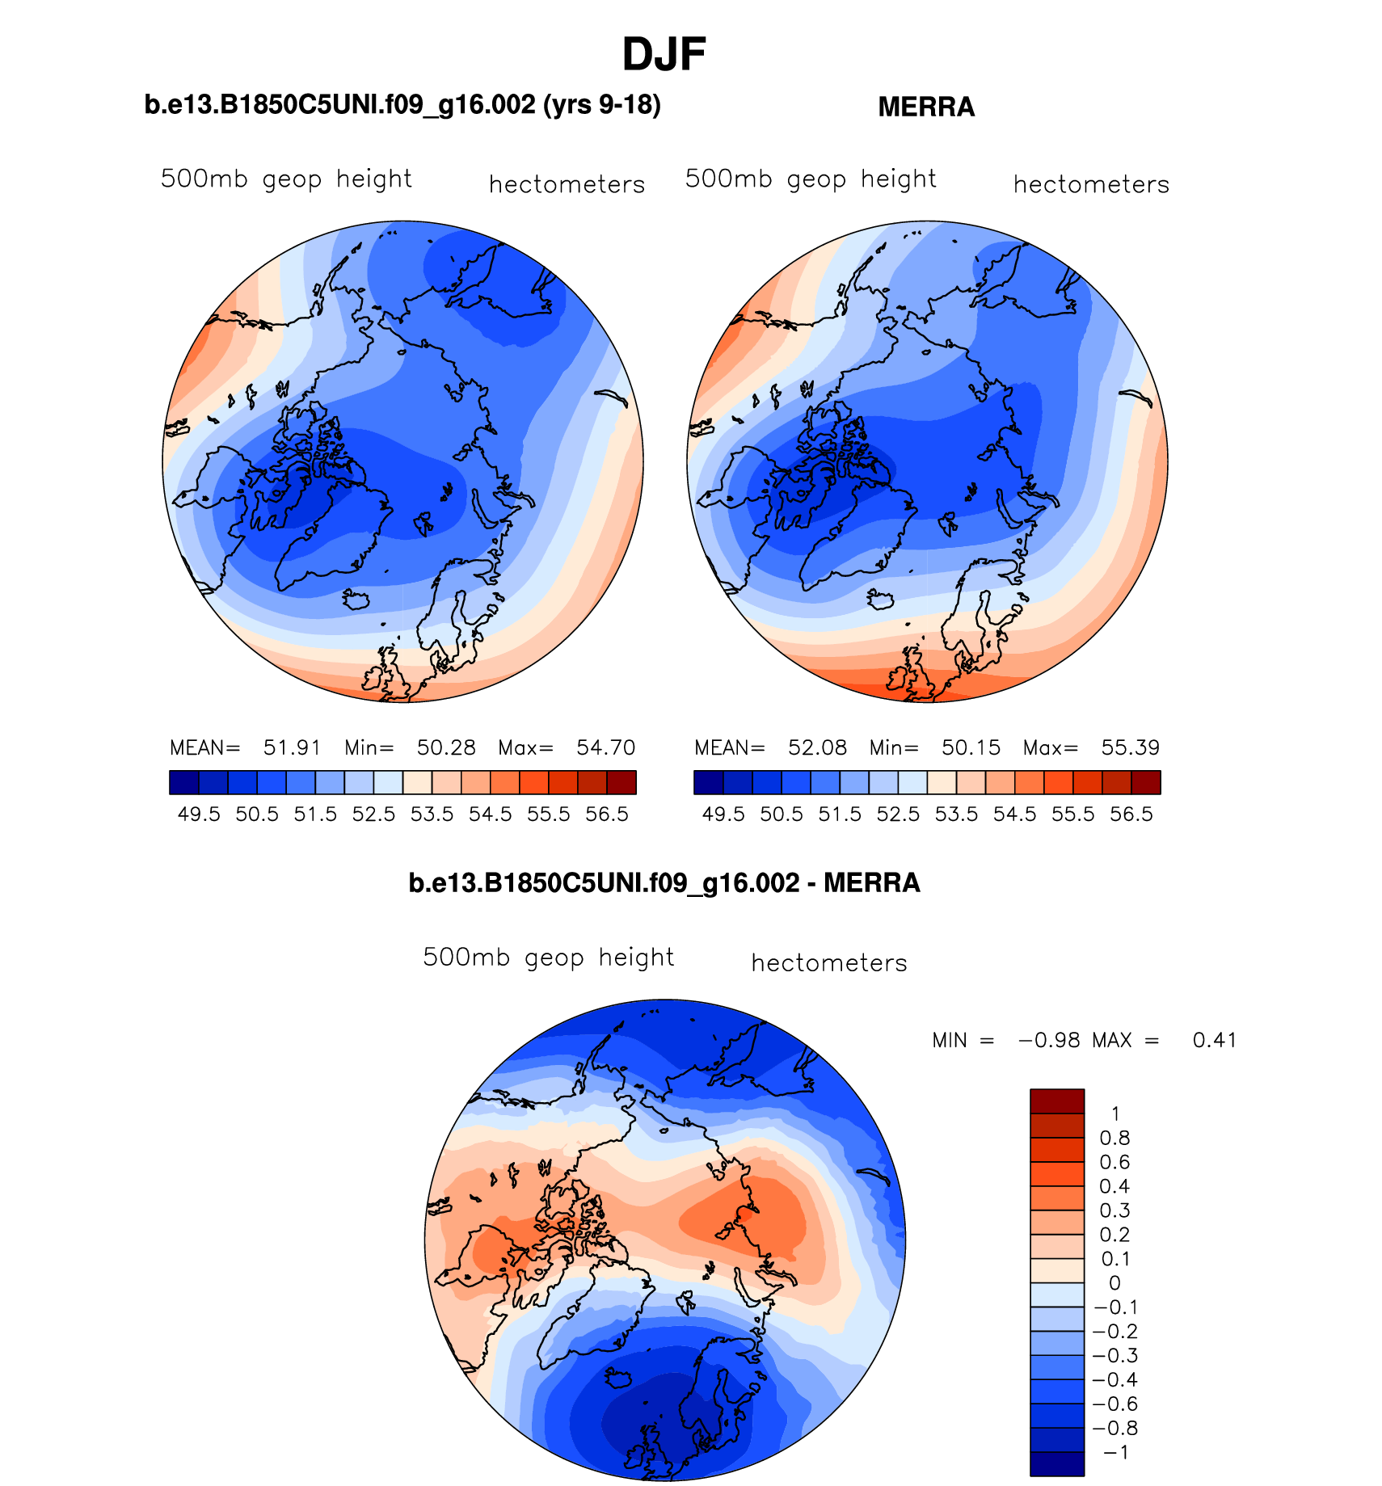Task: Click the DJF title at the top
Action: click(664, 55)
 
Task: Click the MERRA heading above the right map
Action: click(926, 107)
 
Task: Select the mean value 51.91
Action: click(292, 747)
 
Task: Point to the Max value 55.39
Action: click(1130, 747)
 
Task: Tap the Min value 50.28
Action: click(446, 747)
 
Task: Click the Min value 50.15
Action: click(971, 747)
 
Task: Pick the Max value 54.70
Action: click(605, 747)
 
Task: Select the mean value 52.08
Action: click(817, 747)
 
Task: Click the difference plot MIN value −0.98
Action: click(1049, 1041)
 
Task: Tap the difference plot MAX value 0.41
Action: click(1215, 1041)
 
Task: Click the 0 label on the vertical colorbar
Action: click(1114, 1283)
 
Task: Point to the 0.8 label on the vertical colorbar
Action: click(1114, 1139)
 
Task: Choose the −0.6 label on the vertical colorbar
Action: click(1114, 1404)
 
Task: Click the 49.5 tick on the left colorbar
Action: click(199, 815)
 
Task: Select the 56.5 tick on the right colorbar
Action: click(1131, 815)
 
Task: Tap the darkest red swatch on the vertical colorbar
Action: click(1056, 1101)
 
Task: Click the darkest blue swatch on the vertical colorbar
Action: click(1056, 1464)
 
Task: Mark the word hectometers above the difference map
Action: click(829, 963)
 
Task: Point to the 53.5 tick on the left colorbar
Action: click(432, 815)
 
